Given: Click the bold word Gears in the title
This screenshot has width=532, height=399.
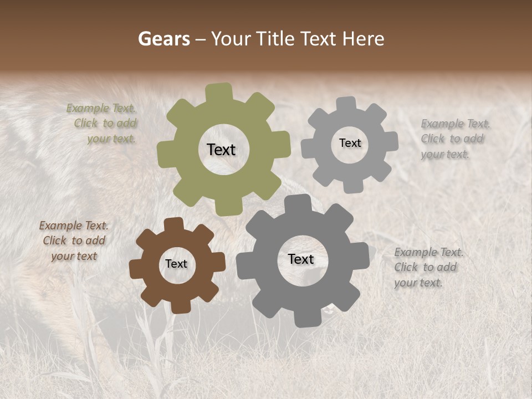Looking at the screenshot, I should pos(163,39).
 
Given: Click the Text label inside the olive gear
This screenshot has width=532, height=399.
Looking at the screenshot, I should pos(221,150).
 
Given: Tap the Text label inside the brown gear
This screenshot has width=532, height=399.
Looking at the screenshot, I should pos(176,264).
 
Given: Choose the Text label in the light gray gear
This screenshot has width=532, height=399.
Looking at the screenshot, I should pos(350,143).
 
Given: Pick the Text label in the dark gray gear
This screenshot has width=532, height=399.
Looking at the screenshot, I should pos(301,259).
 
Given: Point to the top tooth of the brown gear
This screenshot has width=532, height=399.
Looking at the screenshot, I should pos(174,224).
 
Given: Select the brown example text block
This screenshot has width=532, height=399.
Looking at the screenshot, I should pos(74,241).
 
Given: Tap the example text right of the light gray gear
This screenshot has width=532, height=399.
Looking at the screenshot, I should pos(454,139).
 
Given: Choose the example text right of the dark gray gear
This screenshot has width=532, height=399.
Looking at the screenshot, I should pos(428,268).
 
